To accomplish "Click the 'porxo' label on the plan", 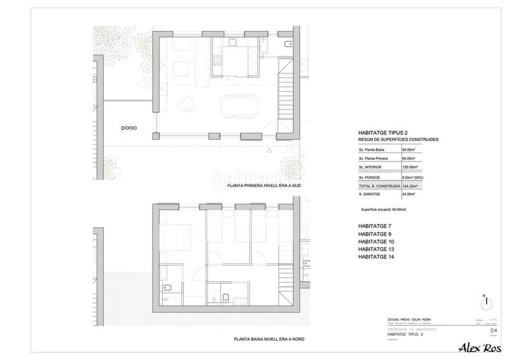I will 129,127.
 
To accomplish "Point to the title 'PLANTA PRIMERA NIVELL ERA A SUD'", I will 263,186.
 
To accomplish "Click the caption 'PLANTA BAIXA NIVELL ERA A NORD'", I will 268,340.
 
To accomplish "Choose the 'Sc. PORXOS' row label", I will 371,176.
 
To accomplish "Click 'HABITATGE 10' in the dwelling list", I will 377,242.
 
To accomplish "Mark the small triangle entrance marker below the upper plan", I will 270,150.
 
